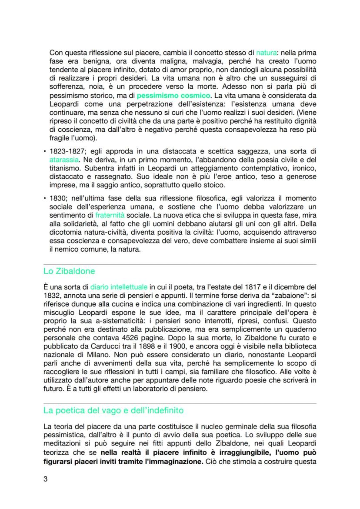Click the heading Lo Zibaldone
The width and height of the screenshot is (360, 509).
point(69,271)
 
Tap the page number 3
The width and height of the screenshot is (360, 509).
point(46,479)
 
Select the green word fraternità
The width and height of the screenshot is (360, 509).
point(110,215)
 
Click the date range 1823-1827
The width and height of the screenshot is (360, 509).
point(66,151)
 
